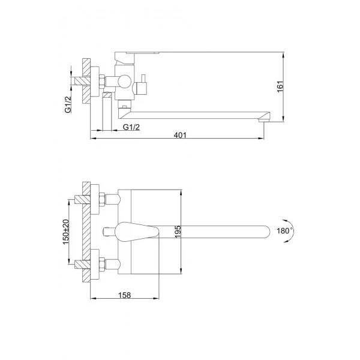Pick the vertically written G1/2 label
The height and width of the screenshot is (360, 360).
69,106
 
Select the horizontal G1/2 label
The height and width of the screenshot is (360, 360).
131,127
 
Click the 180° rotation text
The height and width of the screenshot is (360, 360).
284,230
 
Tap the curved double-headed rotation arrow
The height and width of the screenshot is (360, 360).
293,230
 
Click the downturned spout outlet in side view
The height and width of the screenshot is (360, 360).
262,119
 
